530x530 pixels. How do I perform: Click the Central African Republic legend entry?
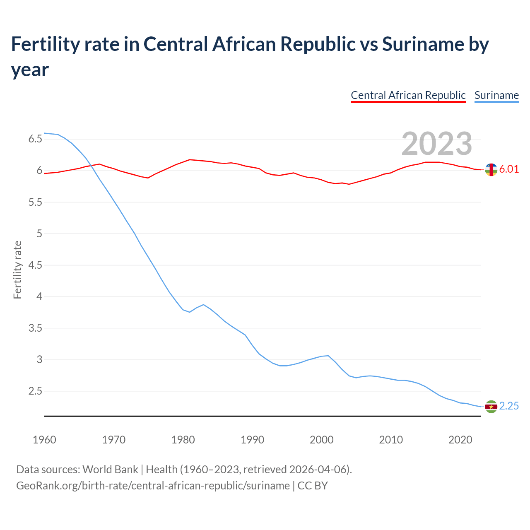[408, 95]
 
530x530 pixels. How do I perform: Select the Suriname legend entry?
[496, 95]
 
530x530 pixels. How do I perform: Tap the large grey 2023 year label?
[436, 143]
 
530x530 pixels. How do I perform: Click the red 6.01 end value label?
[509, 169]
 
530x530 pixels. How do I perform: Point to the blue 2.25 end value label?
[509, 406]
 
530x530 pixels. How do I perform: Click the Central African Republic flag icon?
[491, 169]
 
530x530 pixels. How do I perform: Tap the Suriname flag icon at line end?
[491, 407]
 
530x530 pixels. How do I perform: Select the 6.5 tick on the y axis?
[35, 139]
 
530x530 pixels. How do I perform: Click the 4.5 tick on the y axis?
[35, 265]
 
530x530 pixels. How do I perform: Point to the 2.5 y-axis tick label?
[35, 391]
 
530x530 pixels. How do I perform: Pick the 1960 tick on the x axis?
[44, 440]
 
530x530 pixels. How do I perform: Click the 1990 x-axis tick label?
[252, 440]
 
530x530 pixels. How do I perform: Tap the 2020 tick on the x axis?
[460, 440]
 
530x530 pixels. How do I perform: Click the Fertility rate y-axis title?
[17, 270]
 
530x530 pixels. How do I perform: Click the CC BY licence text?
[313, 485]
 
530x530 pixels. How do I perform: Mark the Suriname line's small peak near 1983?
[203, 304]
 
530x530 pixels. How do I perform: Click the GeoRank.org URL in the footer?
[153, 485]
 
